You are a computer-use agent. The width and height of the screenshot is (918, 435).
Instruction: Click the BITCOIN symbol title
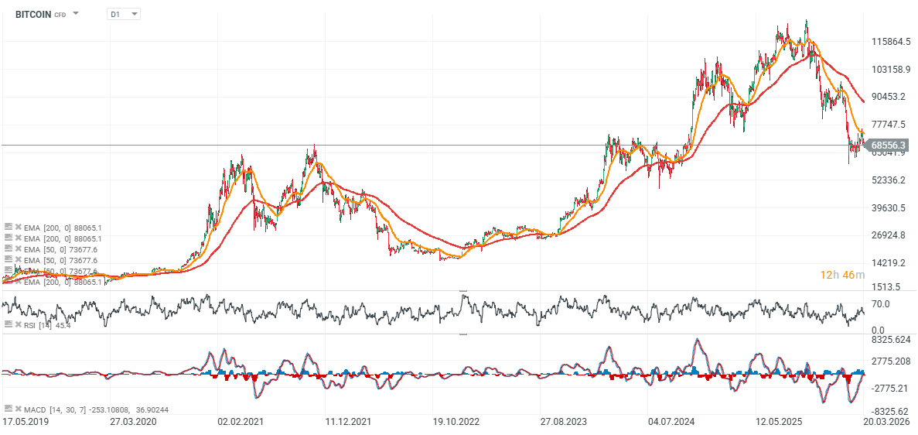click(x=32, y=14)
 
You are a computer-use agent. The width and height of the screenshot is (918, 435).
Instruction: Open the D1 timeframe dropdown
click(x=124, y=14)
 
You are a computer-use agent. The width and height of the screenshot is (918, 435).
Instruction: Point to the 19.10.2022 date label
click(x=456, y=422)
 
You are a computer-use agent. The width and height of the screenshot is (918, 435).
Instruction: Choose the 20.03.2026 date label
click(x=886, y=422)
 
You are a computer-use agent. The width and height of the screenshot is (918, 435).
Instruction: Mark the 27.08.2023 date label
click(x=563, y=422)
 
